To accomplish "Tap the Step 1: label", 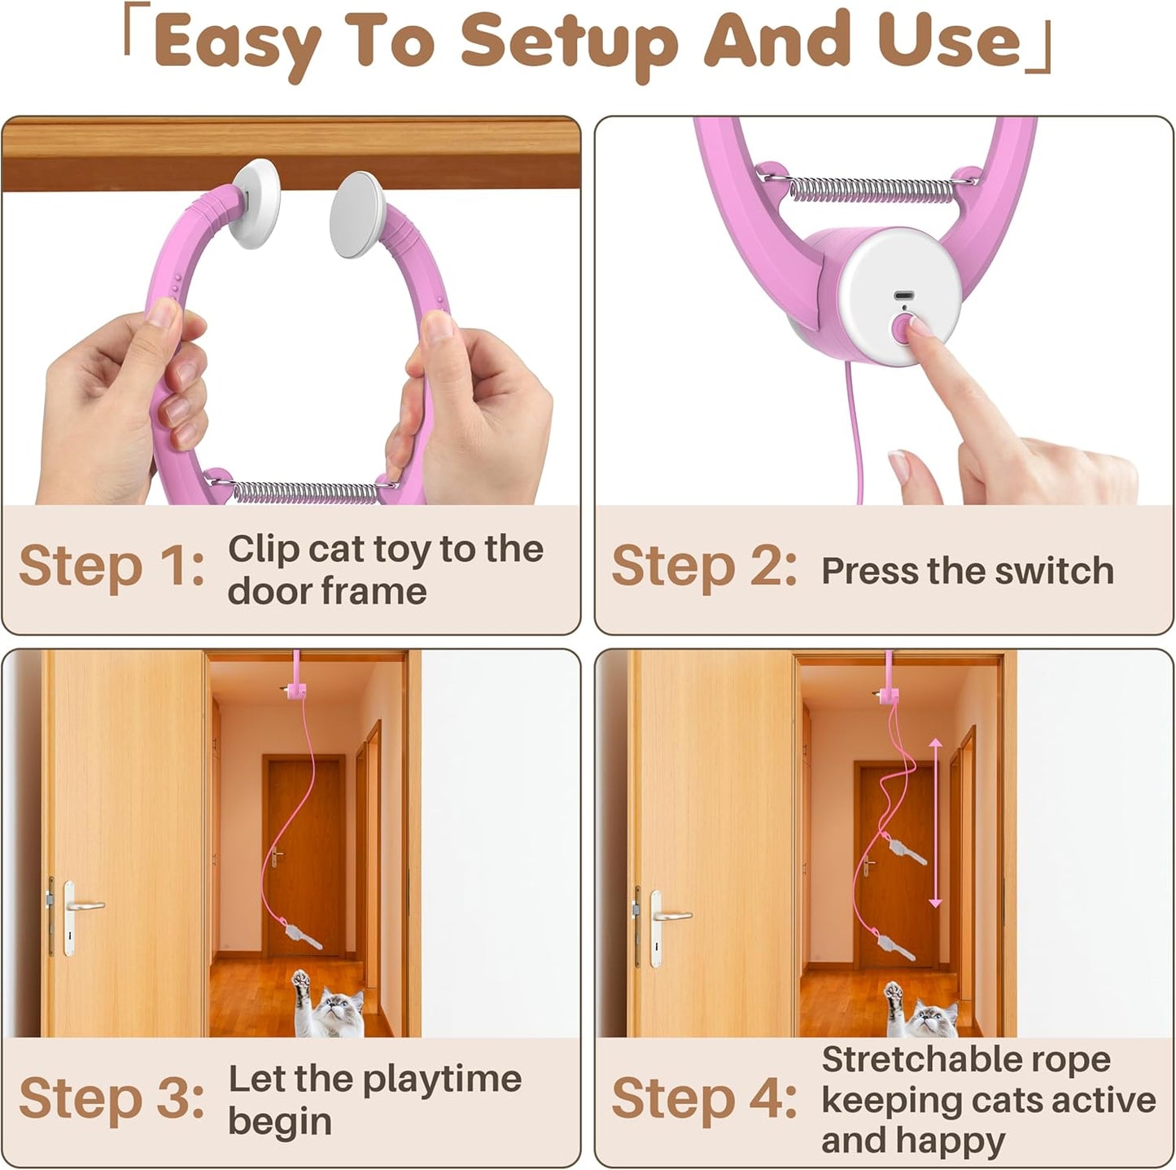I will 111,565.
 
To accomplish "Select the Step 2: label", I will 704,565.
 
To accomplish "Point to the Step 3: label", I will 111,1098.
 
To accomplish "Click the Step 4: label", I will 704,1098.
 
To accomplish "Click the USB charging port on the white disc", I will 903,295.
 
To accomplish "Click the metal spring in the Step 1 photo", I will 305,492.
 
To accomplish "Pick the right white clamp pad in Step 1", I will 357,213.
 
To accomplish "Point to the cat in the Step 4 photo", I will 922,1008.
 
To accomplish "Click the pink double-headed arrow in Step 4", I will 935,822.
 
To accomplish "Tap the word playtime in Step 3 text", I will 442,1080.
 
